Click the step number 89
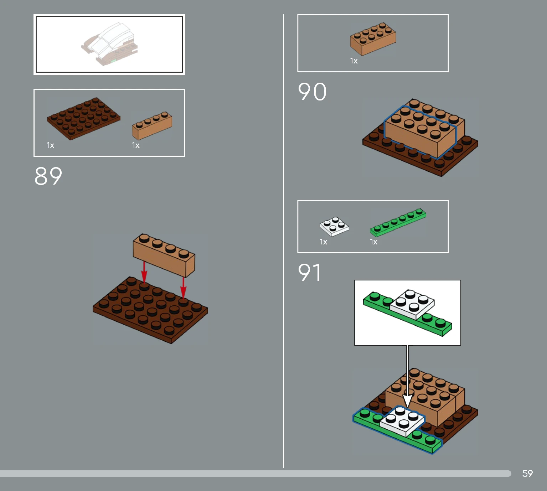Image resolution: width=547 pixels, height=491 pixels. (x=48, y=176)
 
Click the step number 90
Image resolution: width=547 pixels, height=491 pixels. (x=312, y=92)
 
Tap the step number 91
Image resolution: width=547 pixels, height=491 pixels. (x=309, y=272)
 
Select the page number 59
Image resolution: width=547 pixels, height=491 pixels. (x=527, y=473)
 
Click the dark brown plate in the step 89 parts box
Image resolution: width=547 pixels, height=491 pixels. (x=83, y=119)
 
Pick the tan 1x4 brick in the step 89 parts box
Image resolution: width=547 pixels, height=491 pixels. (x=152, y=126)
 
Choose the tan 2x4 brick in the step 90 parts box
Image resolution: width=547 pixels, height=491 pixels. (x=373, y=39)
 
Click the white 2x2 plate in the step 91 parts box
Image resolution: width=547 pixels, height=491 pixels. (x=334, y=226)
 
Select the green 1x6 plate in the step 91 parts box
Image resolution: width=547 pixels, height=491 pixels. (x=398, y=222)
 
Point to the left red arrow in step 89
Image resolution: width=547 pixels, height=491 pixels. (x=144, y=272)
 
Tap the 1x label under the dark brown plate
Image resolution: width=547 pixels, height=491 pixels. (x=51, y=145)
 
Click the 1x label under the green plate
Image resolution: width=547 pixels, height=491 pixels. (x=373, y=242)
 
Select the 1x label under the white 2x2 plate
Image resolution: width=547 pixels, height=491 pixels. (x=324, y=242)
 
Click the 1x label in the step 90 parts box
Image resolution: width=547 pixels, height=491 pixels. (x=354, y=61)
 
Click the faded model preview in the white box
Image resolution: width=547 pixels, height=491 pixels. (x=109, y=44)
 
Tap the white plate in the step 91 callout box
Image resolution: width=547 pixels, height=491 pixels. (x=412, y=304)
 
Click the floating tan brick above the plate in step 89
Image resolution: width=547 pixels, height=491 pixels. (x=164, y=255)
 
